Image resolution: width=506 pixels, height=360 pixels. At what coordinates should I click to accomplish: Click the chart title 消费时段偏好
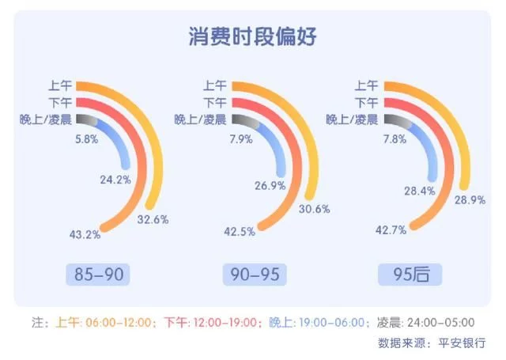(x=253, y=37)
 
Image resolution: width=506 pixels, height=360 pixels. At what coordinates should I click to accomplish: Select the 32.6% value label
(x=153, y=219)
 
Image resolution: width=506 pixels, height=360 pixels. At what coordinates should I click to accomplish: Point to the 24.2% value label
(x=115, y=180)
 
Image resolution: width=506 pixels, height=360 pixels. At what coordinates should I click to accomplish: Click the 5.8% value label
(x=87, y=138)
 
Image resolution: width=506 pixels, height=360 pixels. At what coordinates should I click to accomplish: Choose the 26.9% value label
(x=271, y=186)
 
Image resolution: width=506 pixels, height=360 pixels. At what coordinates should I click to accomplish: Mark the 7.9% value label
(x=240, y=138)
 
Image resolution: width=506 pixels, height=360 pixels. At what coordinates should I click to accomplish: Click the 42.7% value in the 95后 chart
(x=389, y=229)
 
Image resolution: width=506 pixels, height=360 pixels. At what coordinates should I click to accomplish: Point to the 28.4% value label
(x=421, y=191)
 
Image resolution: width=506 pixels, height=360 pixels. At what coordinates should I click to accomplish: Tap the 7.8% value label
(x=394, y=138)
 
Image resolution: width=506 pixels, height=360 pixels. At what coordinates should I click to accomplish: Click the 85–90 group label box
(x=99, y=275)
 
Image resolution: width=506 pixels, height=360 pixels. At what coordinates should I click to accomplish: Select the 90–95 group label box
(x=253, y=275)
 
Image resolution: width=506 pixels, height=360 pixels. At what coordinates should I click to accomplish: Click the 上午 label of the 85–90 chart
(x=61, y=86)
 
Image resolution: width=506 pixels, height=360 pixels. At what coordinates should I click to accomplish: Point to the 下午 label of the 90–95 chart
(x=215, y=103)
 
